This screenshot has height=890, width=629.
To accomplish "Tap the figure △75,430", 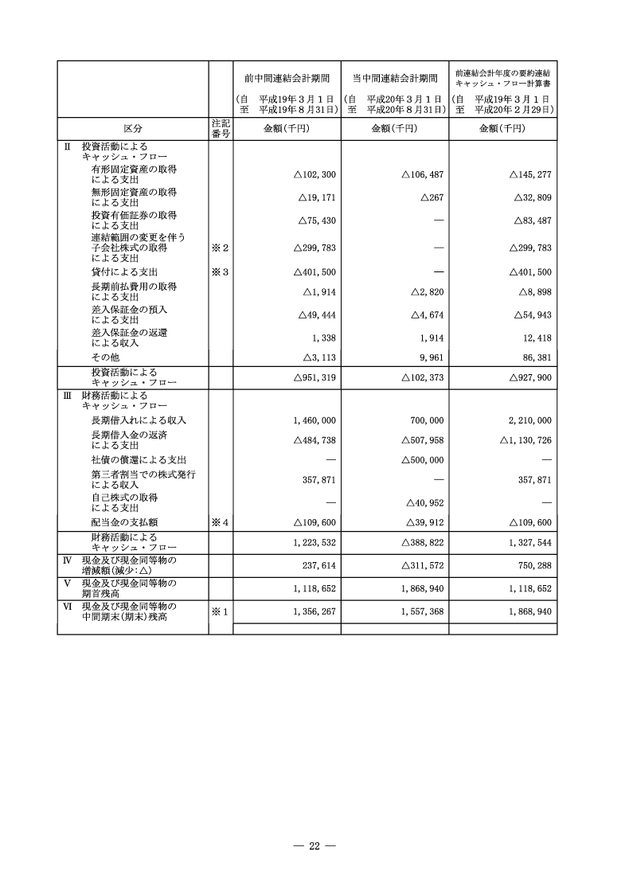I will tap(314, 221).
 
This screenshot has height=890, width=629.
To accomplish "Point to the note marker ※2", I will tap(220, 248).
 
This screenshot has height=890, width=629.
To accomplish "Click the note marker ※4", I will tap(220, 522).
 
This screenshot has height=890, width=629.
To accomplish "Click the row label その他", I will tap(104, 357).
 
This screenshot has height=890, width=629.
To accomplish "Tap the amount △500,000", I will tap(423, 460).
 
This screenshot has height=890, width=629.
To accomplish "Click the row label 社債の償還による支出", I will tap(139, 460).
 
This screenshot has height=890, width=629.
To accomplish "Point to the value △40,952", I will tap(423, 502).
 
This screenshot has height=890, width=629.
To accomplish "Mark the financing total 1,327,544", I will tap(526, 541).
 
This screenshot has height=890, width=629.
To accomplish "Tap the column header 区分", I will tap(133, 129).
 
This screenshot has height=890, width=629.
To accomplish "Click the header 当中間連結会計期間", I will tap(395, 78).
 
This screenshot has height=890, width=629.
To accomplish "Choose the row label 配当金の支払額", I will tap(127, 522).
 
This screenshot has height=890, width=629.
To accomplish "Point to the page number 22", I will tap(314, 845).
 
